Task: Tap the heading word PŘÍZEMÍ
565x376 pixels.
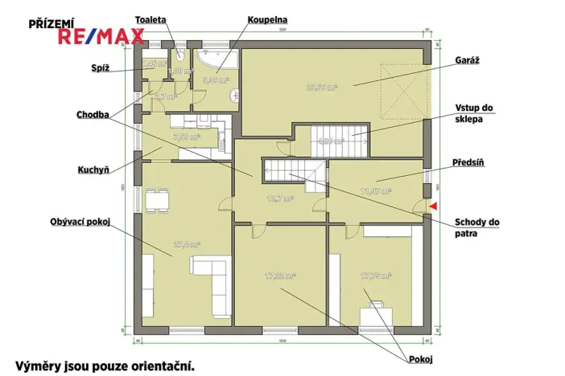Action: click(x=51, y=23)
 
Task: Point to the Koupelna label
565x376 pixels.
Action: click(x=268, y=19)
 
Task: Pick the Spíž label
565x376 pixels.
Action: click(x=101, y=68)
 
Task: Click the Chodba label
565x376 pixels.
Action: click(x=94, y=114)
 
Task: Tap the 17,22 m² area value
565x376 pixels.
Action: click(x=280, y=276)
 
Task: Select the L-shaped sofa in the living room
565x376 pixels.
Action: click(x=211, y=284)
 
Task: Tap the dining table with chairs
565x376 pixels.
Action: click(x=158, y=198)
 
